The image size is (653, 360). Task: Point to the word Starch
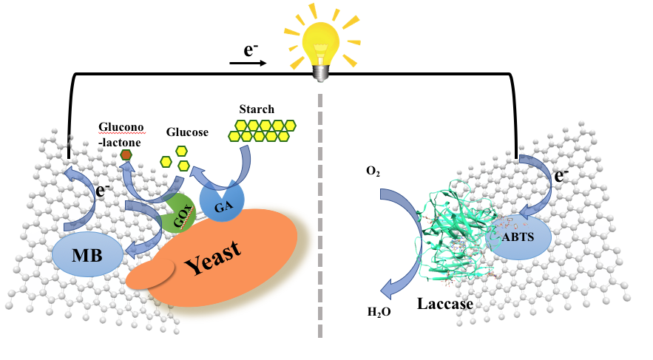(257, 109)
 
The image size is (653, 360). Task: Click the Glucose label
(187, 133)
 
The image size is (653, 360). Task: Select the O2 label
(374, 171)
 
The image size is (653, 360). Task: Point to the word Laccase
(443, 303)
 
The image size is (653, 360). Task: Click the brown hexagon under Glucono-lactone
(126, 154)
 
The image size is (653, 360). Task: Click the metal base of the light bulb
(319, 71)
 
